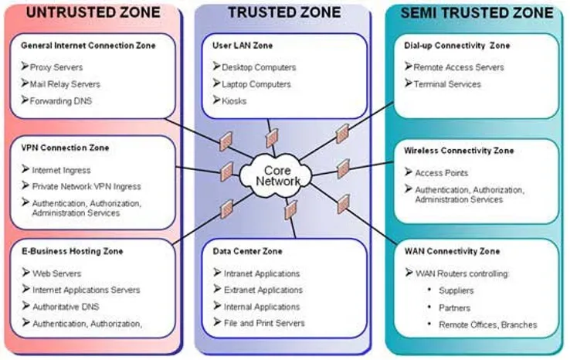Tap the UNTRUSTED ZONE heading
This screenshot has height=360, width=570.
pyautogui.click(x=93, y=12)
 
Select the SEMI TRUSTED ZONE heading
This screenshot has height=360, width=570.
pyautogui.click(x=477, y=13)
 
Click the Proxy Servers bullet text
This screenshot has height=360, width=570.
pyautogui.click(x=56, y=67)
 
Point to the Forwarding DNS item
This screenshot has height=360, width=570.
pyautogui.click(x=61, y=101)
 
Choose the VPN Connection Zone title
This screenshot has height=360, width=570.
pyautogui.click(x=65, y=148)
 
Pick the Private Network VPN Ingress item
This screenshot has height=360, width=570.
pyautogui.click(x=87, y=186)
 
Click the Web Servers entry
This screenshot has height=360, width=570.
pyautogui.click(x=56, y=273)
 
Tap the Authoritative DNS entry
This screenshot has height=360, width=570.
pyautogui.click(x=66, y=307)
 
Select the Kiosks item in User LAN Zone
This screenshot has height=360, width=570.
pyautogui.click(x=234, y=101)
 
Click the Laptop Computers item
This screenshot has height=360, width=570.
pyautogui.click(x=256, y=84)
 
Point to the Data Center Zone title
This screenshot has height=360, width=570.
pyautogui.click(x=248, y=251)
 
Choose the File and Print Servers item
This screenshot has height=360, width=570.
pyautogui.click(x=264, y=323)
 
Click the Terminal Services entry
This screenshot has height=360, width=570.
pyautogui.click(x=447, y=84)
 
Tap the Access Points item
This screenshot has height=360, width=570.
pyautogui.click(x=442, y=173)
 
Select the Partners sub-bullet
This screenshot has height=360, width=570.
pyautogui.click(x=454, y=308)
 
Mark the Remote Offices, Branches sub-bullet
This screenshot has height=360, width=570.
pyautogui.click(x=488, y=324)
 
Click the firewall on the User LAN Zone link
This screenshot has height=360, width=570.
pyautogui.click(x=272, y=138)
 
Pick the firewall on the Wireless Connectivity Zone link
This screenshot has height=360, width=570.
pyautogui.click(x=344, y=168)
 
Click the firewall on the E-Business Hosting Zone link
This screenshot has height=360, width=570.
pyautogui.click(x=227, y=209)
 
